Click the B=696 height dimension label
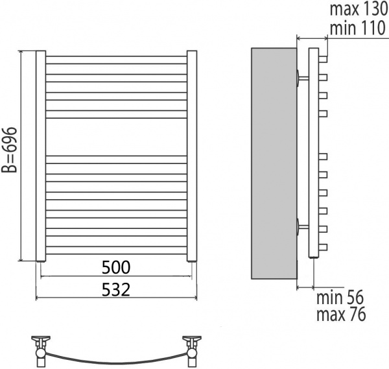[x=9, y=150]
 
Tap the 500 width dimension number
[x=116, y=267]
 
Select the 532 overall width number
[x=116, y=289]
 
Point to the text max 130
[x=359, y=9]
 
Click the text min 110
[x=358, y=28]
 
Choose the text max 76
[x=341, y=314]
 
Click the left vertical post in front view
[x=41, y=156]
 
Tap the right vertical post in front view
[x=192, y=156]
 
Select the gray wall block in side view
[x=274, y=163]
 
